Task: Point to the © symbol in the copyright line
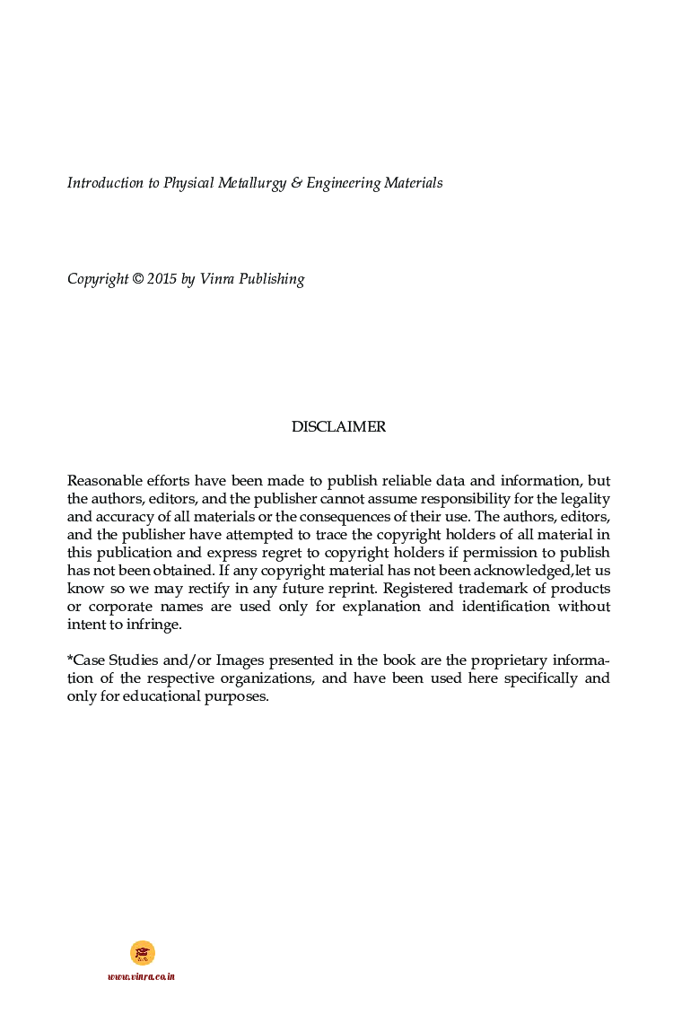[x=137, y=279]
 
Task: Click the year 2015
[x=162, y=279]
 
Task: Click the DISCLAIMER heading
[x=338, y=427]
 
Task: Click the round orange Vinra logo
[x=142, y=952]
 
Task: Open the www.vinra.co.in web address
[x=141, y=976]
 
